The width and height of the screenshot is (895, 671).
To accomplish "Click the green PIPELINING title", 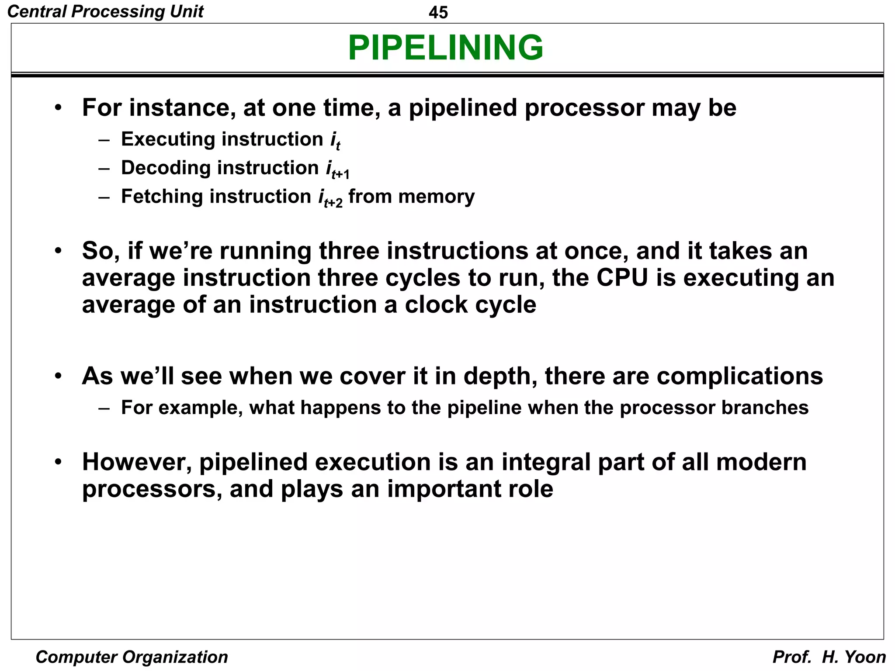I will tap(445, 48).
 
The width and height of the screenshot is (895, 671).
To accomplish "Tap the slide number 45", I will tap(438, 12).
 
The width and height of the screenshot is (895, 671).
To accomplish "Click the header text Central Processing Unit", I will tap(105, 11).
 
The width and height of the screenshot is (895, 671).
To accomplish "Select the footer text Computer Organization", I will tap(132, 657).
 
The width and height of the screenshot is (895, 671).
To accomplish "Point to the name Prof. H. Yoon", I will tap(829, 657).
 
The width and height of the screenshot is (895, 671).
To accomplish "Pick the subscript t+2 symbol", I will tap(333, 202).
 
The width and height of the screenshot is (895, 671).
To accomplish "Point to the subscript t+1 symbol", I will tap(340, 174).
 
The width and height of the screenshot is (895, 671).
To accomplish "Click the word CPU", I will tap(622, 278).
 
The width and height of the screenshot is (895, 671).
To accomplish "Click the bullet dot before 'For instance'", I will tap(58, 107).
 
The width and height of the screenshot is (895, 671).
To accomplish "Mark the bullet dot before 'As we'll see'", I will tap(58, 376).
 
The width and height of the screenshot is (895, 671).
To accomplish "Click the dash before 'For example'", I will tap(104, 408).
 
